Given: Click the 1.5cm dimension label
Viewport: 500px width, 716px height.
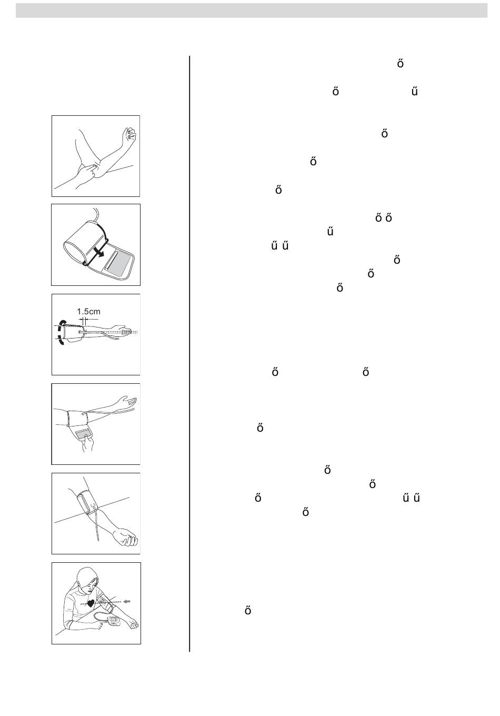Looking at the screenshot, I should click(x=88, y=311).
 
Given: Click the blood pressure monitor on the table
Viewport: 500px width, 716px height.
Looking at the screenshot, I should click(x=114, y=621).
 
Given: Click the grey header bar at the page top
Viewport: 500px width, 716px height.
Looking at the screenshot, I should click(x=252, y=11).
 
